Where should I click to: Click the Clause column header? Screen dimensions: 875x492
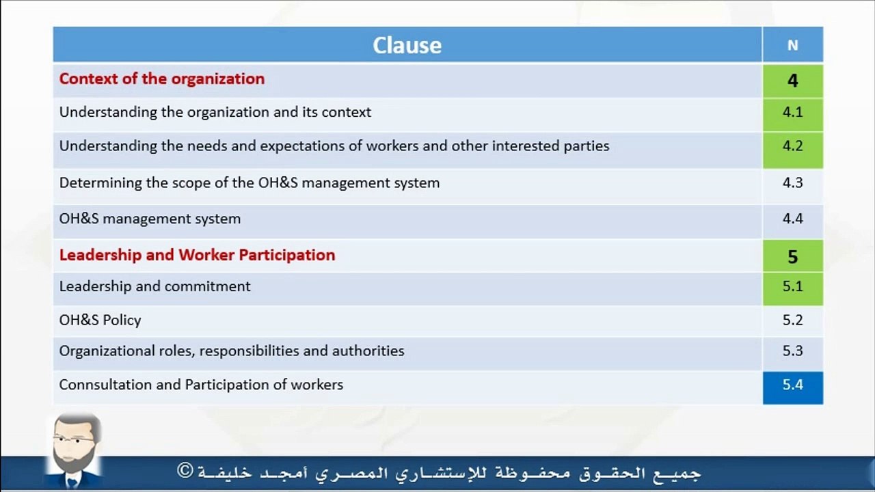point(407,45)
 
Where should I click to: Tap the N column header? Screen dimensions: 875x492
point(792,46)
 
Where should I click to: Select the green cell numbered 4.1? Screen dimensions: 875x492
point(793,115)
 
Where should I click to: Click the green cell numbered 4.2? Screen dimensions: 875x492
point(793,150)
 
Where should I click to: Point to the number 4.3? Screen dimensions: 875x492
point(792,182)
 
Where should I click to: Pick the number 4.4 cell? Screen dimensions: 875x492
point(793,221)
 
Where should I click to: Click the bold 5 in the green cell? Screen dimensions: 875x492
point(792,256)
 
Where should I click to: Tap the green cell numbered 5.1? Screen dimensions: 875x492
point(793,288)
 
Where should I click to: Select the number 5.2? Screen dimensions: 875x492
point(792,320)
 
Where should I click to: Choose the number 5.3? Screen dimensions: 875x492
point(792,351)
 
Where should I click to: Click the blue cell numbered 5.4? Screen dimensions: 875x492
point(793,387)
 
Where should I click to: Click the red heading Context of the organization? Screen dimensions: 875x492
point(162,79)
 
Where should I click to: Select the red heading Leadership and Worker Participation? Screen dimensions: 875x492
point(198,255)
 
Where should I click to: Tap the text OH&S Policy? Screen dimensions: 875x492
point(100,320)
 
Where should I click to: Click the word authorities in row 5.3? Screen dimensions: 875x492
point(368,351)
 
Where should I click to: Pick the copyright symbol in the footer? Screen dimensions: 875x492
point(185,471)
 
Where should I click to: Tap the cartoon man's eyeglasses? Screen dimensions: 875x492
point(75,440)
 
